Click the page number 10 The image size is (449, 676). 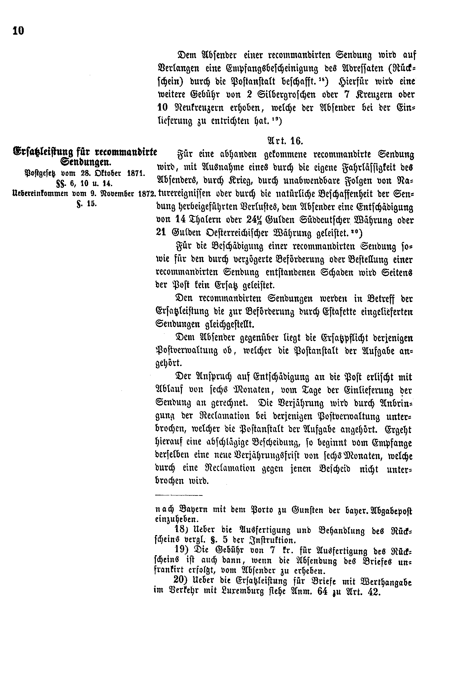coord(18,31)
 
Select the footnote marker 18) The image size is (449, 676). coord(181,530)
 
